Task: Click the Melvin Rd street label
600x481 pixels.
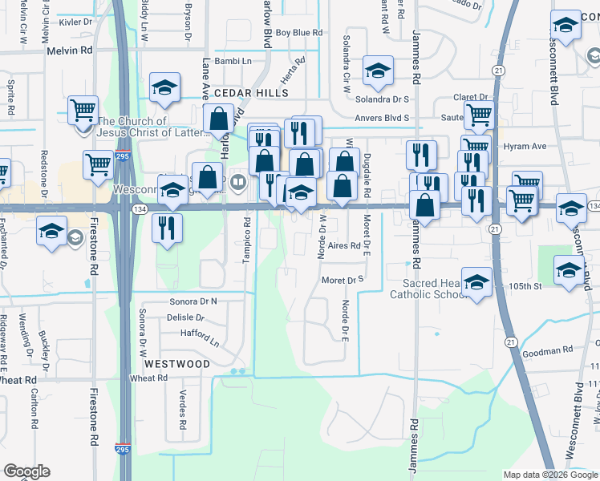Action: [x=70, y=50]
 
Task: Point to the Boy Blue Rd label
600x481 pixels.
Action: [x=298, y=33]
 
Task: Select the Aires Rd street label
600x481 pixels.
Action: [x=345, y=246]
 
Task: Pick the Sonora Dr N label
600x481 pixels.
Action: [x=193, y=301]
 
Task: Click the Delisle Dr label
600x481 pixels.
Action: [x=186, y=317]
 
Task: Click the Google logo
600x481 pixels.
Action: [x=26, y=471]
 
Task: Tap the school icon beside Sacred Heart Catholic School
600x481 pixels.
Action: [x=476, y=281]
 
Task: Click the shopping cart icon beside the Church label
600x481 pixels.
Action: [x=84, y=110]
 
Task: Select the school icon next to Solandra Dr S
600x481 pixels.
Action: [x=377, y=71]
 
